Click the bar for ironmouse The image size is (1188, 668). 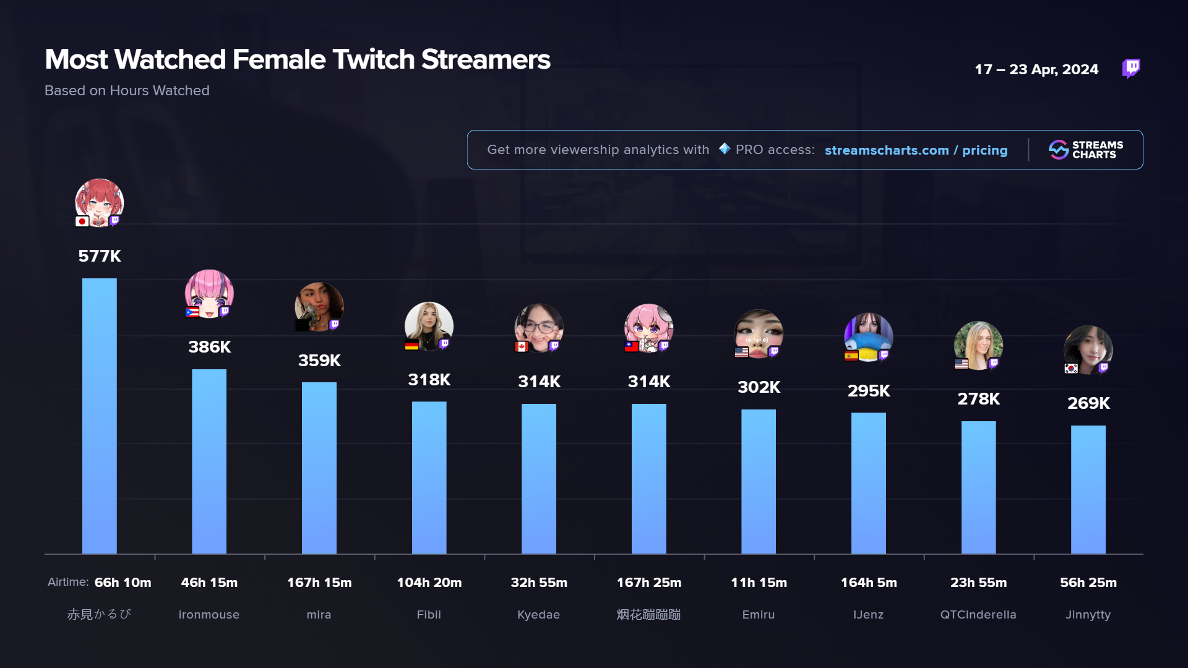[x=209, y=461]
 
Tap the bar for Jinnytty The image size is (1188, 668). [x=1088, y=489]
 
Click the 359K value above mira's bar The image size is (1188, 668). [x=319, y=361]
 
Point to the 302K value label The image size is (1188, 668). [x=759, y=387]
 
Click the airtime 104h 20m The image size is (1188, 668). [x=429, y=583]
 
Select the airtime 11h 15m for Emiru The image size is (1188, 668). [x=759, y=583]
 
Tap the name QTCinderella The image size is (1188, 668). [x=978, y=615]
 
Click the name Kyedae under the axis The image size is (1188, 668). [x=538, y=615]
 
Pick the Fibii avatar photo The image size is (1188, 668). [x=429, y=325]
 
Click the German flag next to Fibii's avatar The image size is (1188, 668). [x=411, y=345]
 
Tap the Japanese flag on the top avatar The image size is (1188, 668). [x=82, y=221]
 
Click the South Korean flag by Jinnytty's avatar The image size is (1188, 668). [x=1071, y=369]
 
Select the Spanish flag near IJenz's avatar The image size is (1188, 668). [x=851, y=356]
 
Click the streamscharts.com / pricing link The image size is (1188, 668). [x=916, y=150]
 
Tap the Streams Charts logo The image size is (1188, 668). [x=1086, y=150]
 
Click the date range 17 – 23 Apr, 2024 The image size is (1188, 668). [x=1036, y=69]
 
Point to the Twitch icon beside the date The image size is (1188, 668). [x=1131, y=68]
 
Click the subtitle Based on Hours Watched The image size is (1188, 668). [x=127, y=90]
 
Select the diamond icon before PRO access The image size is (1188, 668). [x=725, y=149]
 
